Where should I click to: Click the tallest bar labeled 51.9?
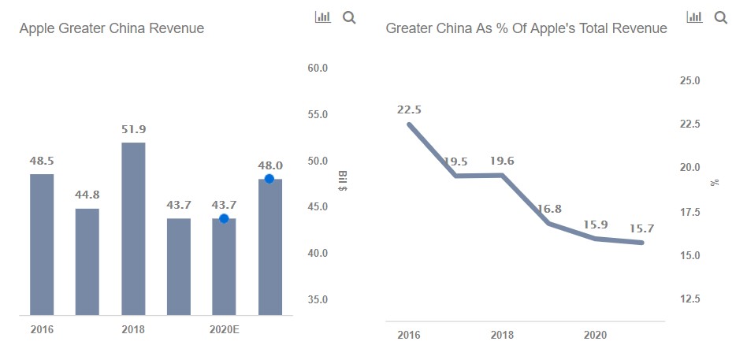pyautogui.click(x=133, y=228)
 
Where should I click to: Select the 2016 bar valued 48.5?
pyautogui.click(x=42, y=244)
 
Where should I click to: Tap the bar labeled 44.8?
pyautogui.click(x=87, y=262)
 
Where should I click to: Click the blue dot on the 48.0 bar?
pyautogui.click(x=269, y=179)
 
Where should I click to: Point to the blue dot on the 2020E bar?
pyautogui.click(x=224, y=218)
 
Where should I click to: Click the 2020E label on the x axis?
pyautogui.click(x=224, y=329)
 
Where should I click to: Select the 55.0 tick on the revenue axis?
pyautogui.click(x=318, y=115)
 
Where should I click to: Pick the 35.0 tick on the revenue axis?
pyautogui.click(x=318, y=300)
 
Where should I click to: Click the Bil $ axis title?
pyautogui.click(x=342, y=180)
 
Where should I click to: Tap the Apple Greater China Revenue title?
pyautogui.click(x=111, y=28)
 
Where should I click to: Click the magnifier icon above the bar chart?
pyautogui.click(x=349, y=18)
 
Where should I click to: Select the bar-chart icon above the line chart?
pyautogui.click(x=694, y=17)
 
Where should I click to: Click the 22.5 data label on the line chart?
pyautogui.click(x=409, y=109)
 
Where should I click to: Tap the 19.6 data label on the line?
pyautogui.click(x=502, y=161)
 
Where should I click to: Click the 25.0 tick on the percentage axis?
pyautogui.click(x=689, y=81)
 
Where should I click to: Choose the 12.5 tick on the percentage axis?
pyautogui.click(x=689, y=299)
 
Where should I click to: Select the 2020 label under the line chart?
pyautogui.click(x=596, y=336)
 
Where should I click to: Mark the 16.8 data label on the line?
pyautogui.click(x=550, y=208)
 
